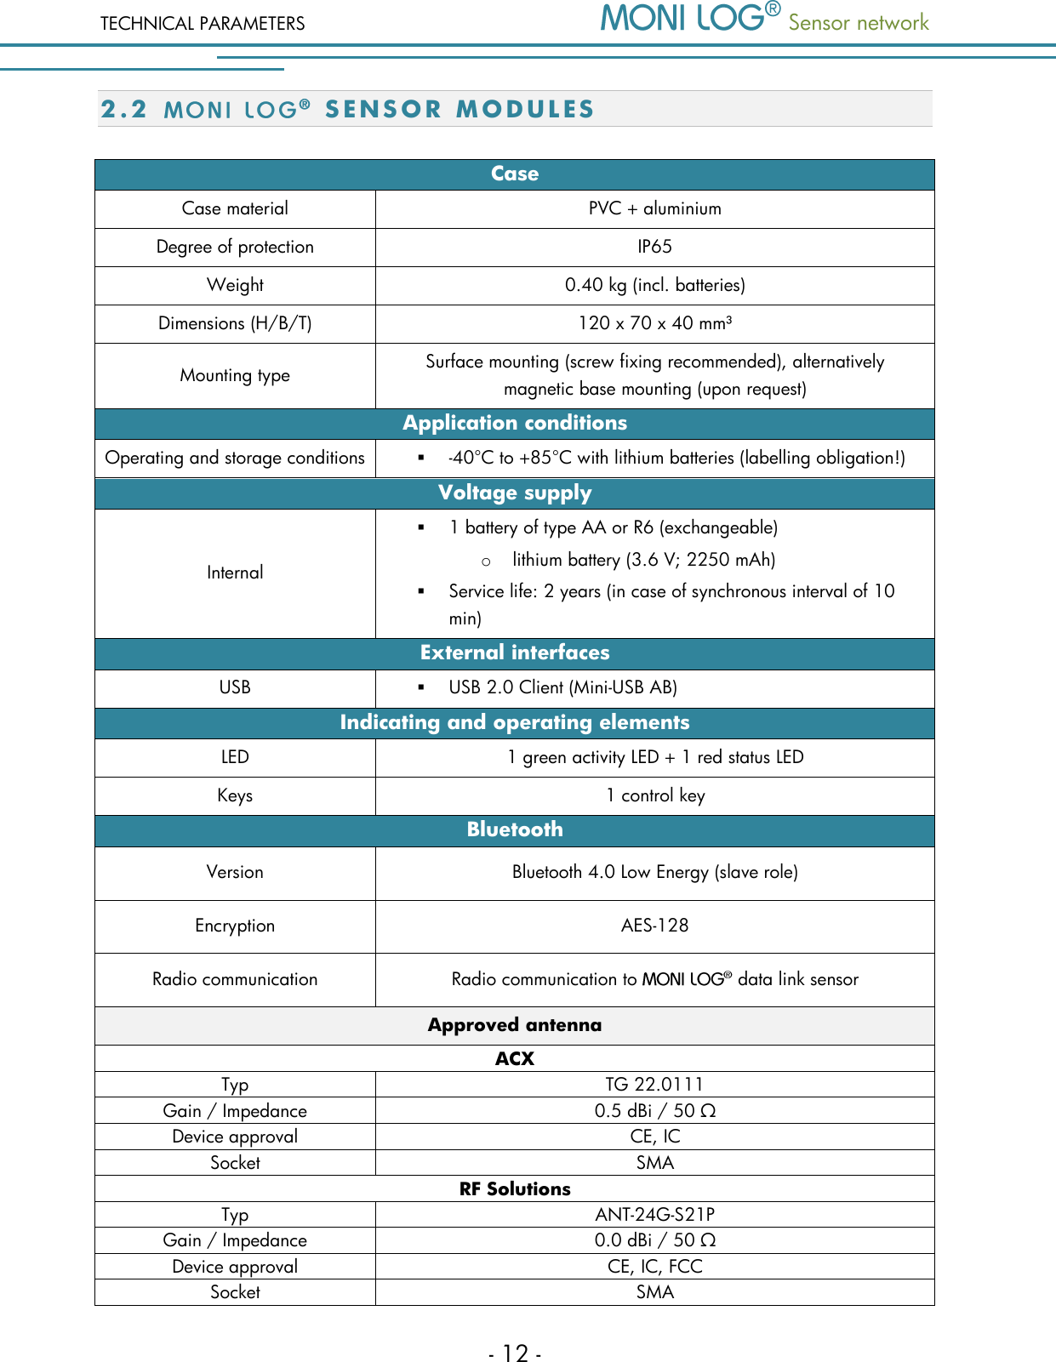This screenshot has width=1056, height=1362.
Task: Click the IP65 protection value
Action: [654, 247]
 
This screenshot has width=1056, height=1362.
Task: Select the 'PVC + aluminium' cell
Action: [654, 208]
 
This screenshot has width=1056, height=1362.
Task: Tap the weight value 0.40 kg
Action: [654, 285]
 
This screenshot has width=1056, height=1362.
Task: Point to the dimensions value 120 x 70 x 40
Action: [654, 323]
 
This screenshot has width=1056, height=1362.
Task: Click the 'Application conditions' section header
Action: [514, 423]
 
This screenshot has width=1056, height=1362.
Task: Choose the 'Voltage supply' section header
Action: [514, 493]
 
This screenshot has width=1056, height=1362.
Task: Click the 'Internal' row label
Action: [235, 573]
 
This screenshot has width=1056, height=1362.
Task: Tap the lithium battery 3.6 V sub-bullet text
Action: [643, 560]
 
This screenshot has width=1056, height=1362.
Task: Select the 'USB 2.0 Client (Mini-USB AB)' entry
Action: [562, 687]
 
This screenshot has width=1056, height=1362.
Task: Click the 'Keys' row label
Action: [235, 795]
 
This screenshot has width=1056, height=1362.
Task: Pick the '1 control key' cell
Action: [654, 795]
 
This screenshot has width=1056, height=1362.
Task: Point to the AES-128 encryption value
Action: [654, 926]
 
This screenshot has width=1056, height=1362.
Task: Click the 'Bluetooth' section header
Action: [514, 829]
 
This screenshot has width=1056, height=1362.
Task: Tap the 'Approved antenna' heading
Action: [514, 1025]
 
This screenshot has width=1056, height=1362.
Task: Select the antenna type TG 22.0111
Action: [654, 1084]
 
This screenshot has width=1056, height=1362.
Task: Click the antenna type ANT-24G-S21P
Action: [654, 1214]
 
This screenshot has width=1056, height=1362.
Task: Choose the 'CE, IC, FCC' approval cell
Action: [654, 1267]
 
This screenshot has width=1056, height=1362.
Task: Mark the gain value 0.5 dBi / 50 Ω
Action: [654, 1111]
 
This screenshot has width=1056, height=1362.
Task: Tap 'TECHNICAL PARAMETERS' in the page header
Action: [203, 24]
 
